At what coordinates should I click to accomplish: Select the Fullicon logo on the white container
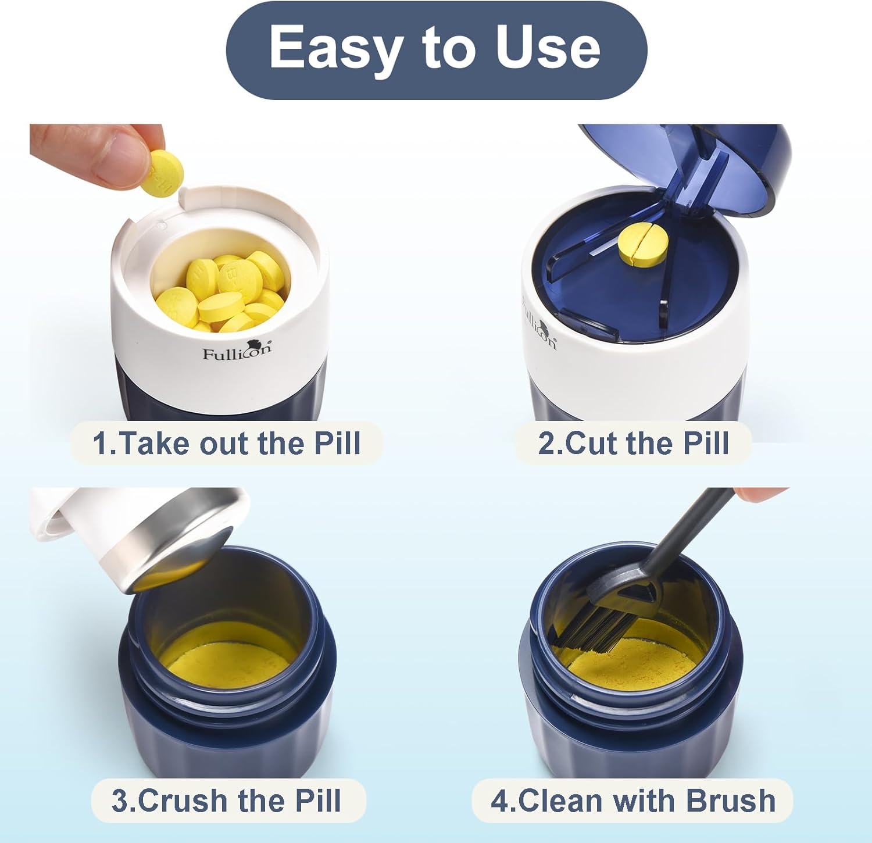[237, 351]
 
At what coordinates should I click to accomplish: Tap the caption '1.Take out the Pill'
[227, 443]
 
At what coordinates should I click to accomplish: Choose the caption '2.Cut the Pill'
[633, 443]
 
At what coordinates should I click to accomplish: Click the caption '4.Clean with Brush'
[632, 801]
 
